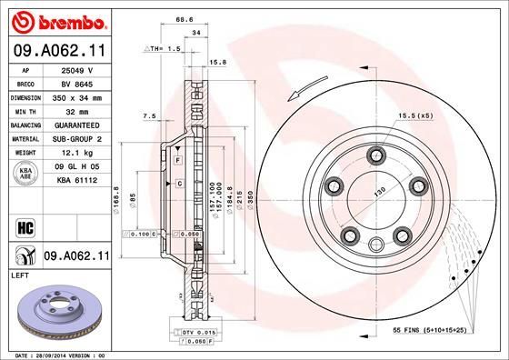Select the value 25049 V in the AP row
tap(75, 70)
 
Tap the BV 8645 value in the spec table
tap(75, 83)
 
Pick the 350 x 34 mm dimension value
tap(75, 96)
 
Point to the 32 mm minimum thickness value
tap(75, 111)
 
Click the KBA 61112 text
tap(75, 180)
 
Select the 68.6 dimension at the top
tap(186, 20)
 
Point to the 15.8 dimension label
tap(218, 63)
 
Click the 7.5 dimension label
tap(150, 116)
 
